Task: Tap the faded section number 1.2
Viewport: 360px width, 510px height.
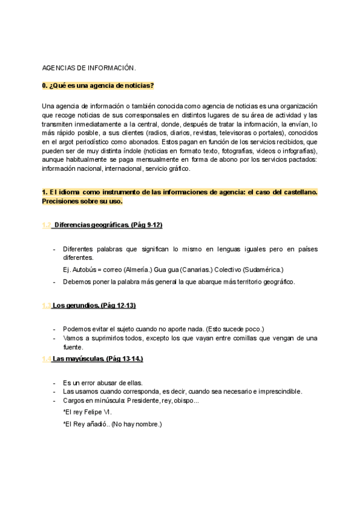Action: click(46, 225)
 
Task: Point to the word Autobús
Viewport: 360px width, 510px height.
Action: click(82, 269)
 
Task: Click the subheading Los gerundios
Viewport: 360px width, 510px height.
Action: click(75, 306)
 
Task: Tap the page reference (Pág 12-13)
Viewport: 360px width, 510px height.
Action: click(118, 306)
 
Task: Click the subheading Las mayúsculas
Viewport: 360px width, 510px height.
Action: click(78, 359)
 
